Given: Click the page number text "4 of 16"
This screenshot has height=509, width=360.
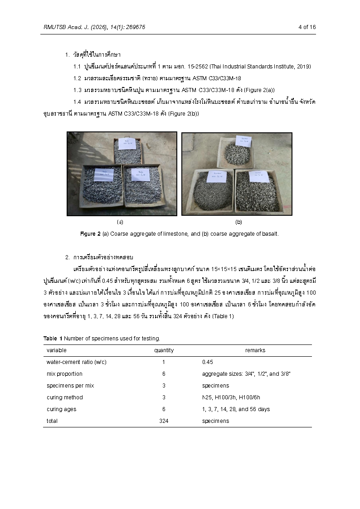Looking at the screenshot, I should [x=307, y=27].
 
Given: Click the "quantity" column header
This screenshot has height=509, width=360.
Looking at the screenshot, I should [x=164, y=350].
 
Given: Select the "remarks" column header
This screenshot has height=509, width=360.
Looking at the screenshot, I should [x=255, y=350].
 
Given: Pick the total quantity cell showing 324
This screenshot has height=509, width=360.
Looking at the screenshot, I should [x=164, y=421].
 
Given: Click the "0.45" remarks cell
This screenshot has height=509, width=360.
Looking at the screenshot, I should [x=208, y=362].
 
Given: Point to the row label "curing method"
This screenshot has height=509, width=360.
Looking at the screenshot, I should [x=65, y=398].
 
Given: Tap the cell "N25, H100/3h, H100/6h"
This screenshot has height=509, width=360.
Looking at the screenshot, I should [x=229, y=398].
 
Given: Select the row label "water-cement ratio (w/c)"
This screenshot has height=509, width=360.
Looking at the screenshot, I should [x=77, y=362].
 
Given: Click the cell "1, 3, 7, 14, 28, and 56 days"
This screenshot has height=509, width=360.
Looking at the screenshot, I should [x=236, y=409].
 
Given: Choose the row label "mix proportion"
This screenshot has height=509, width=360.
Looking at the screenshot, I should [x=64, y=374].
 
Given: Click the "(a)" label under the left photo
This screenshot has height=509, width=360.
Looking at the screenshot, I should [x=120, y=222].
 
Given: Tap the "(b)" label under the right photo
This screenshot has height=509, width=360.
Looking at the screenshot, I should [x=238, y=222].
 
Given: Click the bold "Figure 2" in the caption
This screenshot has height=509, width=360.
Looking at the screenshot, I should [x=90, y=234].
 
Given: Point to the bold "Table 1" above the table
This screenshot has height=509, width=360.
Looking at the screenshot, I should [x=53, y=339].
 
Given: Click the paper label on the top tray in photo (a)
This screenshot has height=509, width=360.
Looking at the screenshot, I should [x=127, y=144].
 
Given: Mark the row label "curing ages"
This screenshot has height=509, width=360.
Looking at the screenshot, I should [x=62, y=409].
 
